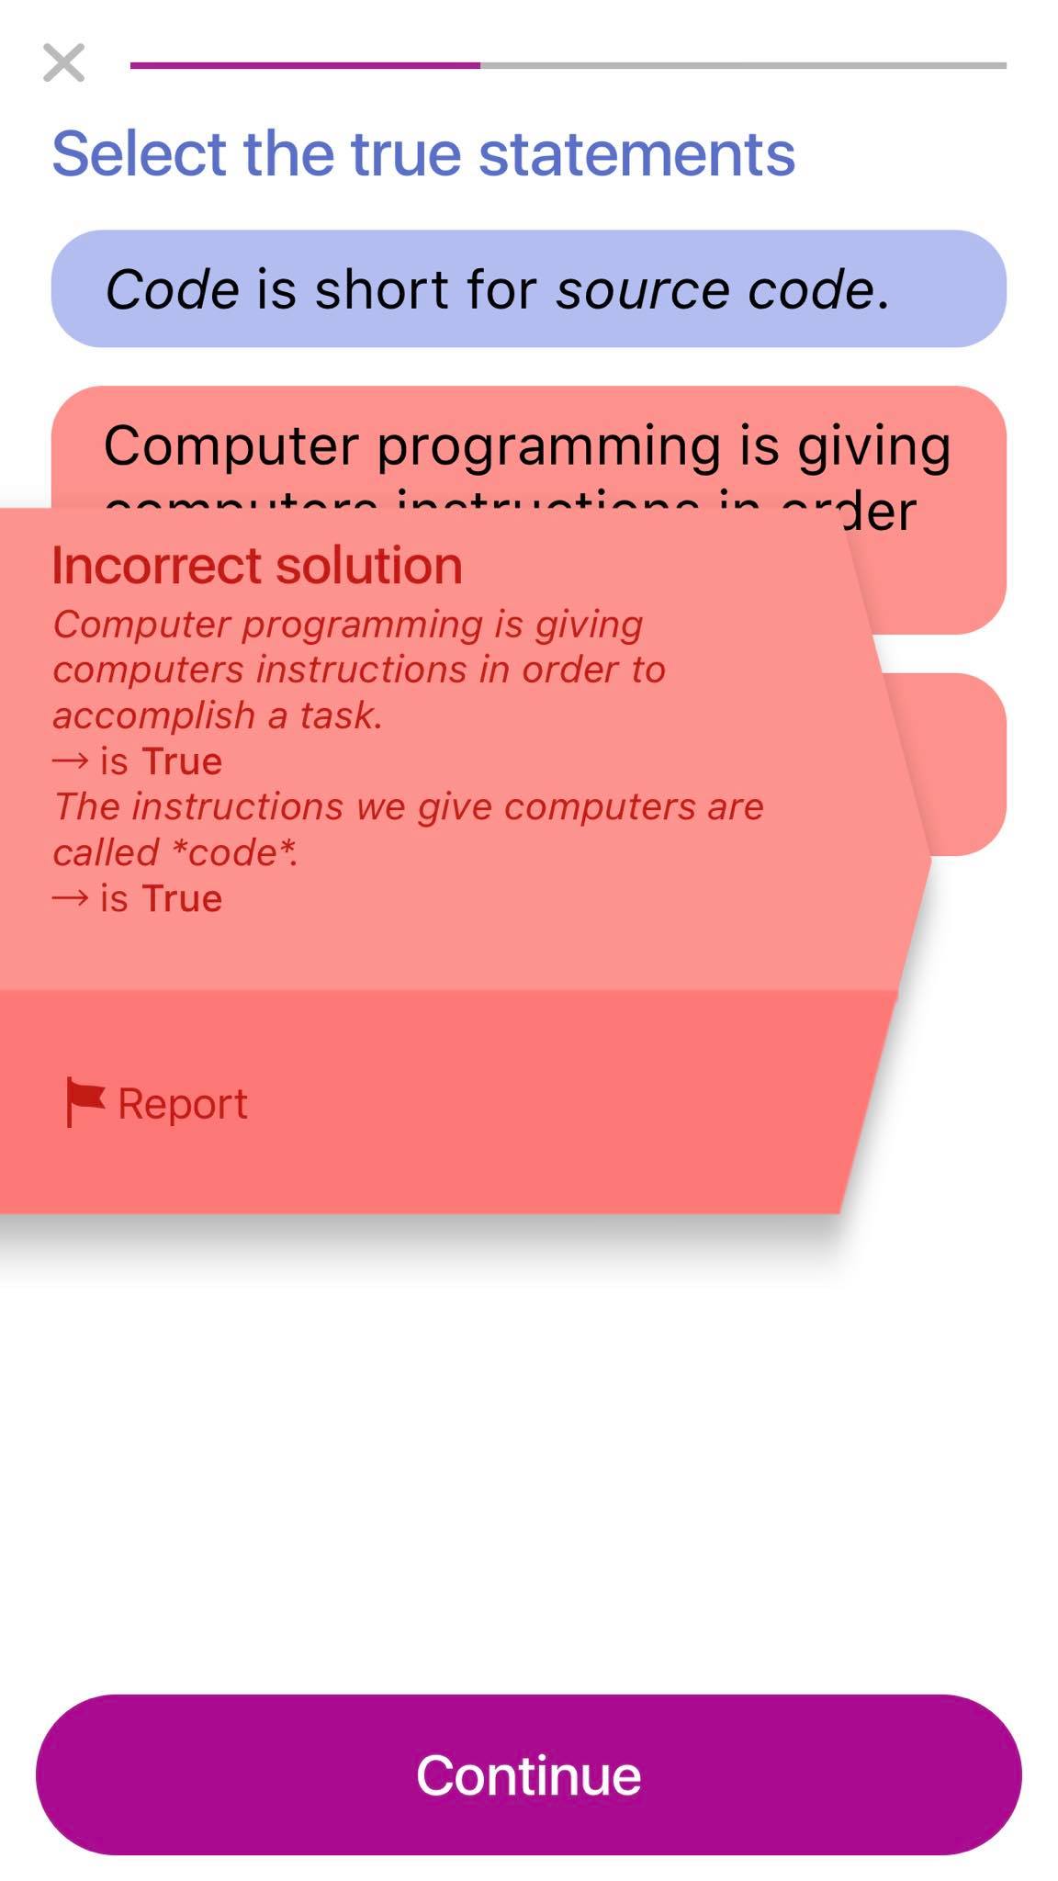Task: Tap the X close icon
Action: coord(63,63)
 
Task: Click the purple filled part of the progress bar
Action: coord(304,65)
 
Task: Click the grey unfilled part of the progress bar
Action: coord(742,65)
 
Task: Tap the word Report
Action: coord(182,1103)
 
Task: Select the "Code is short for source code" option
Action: coord(528,288)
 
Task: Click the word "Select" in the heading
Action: coord(139,153)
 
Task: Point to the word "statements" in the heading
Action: coord(636,153)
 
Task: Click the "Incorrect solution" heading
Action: coord(256,565)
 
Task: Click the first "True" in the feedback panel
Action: coord(181,761)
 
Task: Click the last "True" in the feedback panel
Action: coord(181,898)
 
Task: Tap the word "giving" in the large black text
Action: coord(873,447)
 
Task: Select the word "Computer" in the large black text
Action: coord(231,447)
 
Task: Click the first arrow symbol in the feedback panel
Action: coord(71,761)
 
